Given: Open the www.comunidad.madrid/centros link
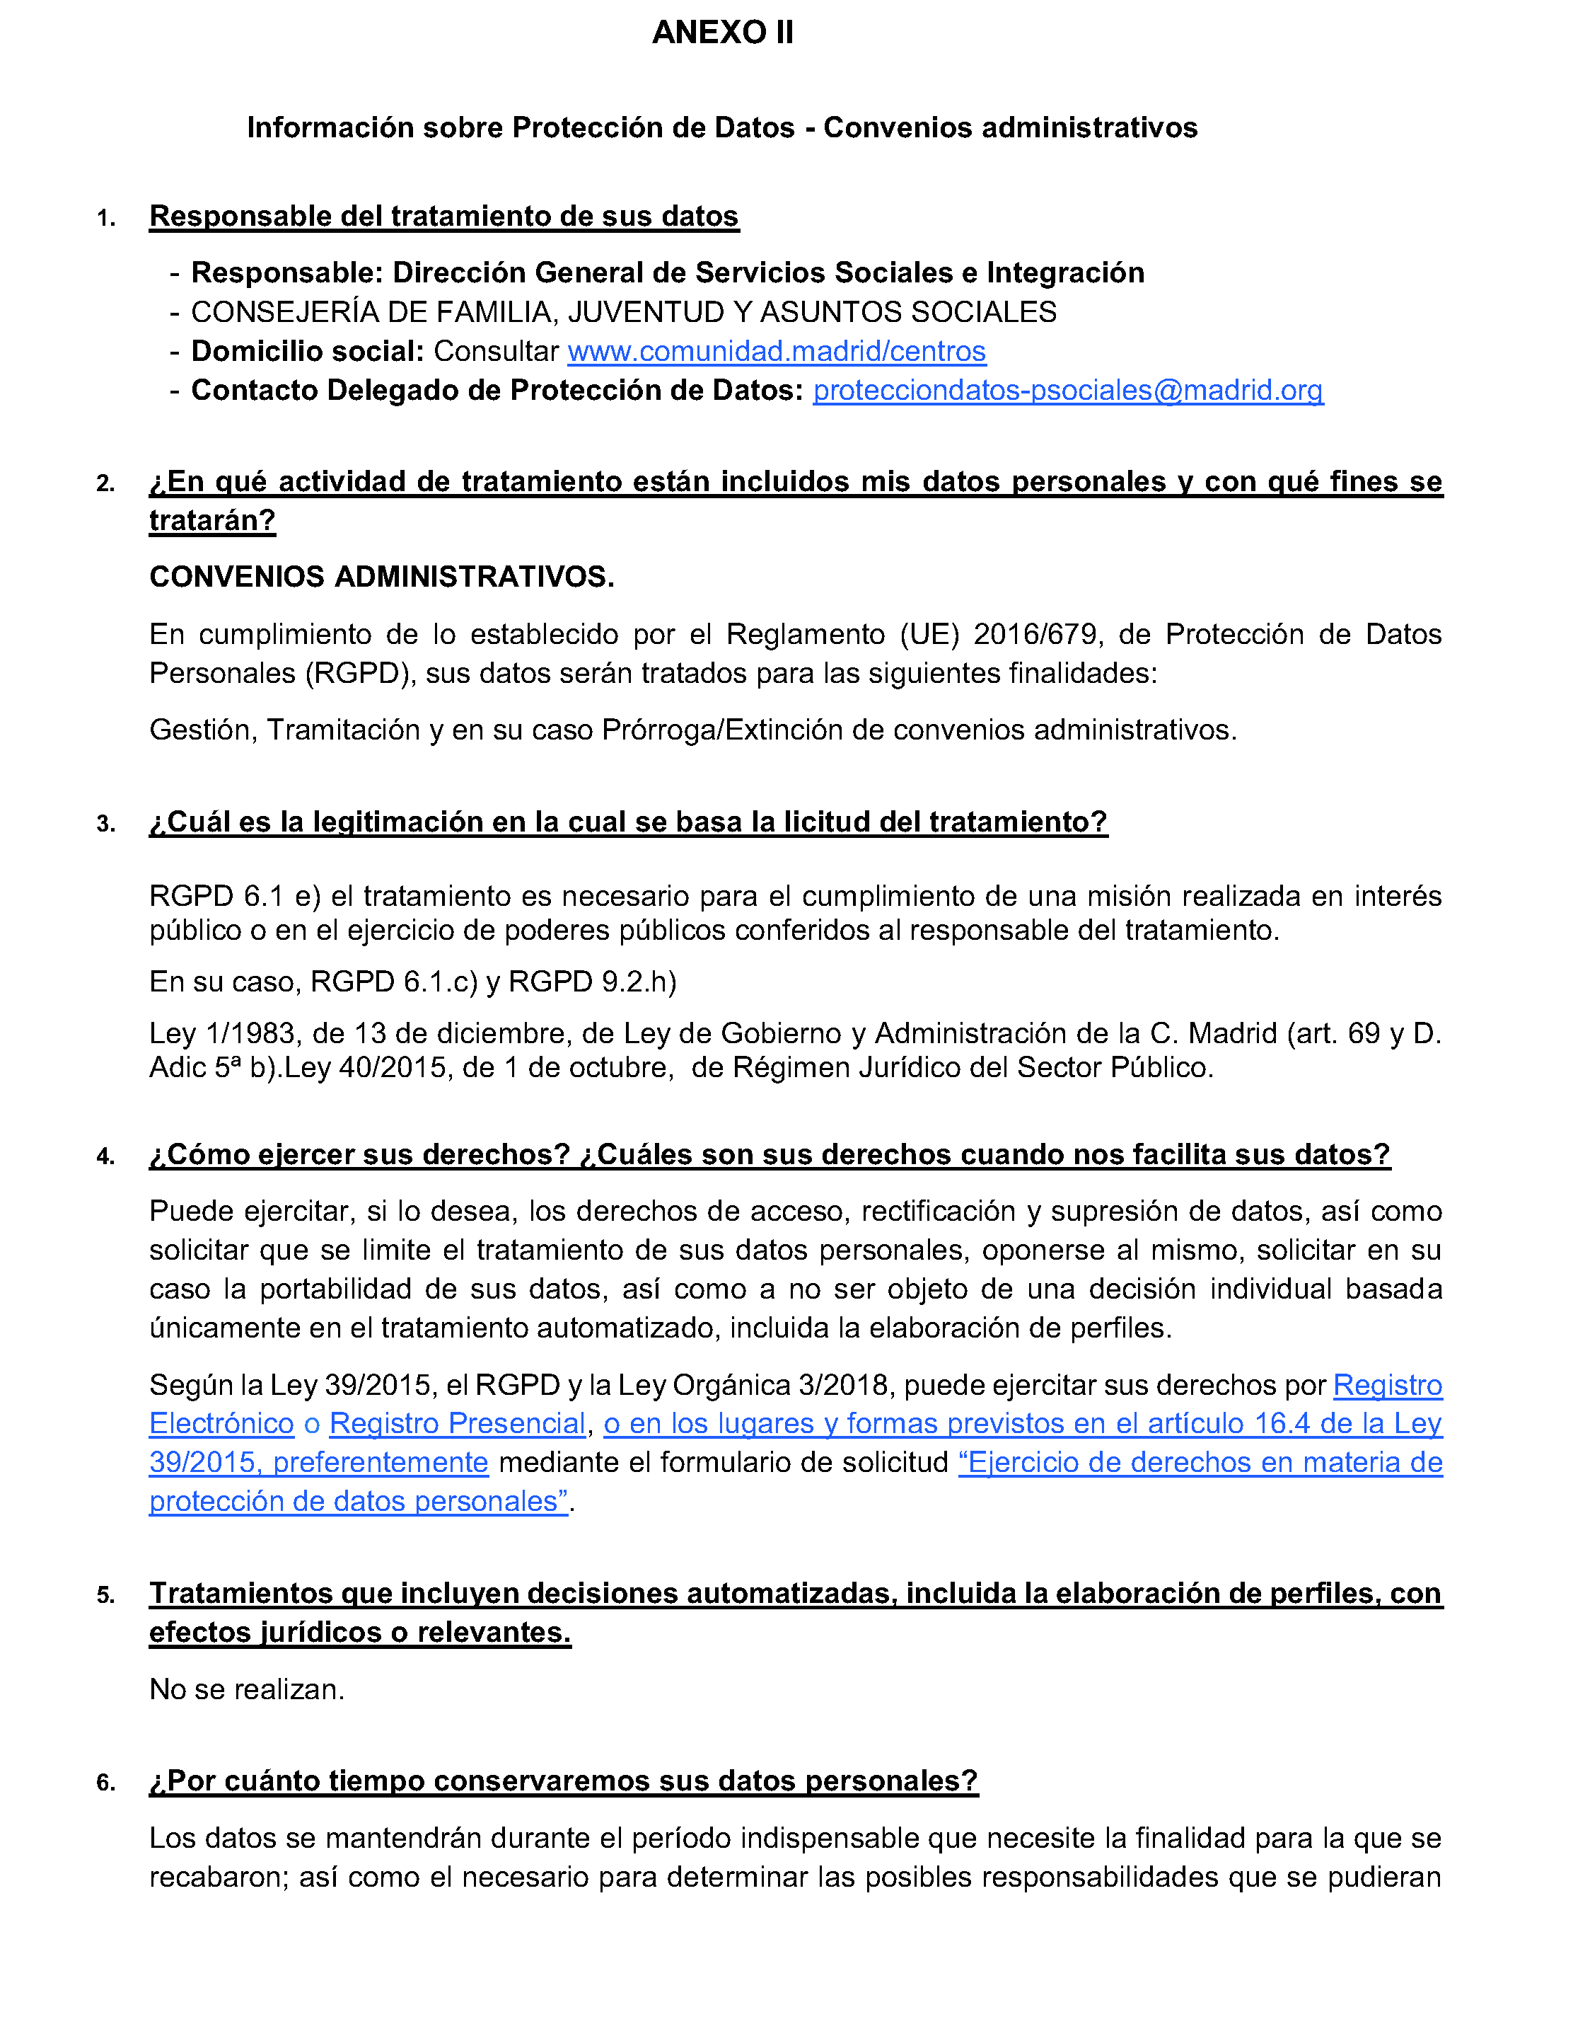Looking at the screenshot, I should click(776, 352).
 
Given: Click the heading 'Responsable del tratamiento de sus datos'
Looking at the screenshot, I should click(443, 217).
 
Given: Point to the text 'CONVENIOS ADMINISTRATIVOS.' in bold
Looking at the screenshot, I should click(381, 577).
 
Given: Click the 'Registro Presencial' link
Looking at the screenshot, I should click(457, 1423).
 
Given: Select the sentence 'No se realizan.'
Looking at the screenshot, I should click(247, 1689).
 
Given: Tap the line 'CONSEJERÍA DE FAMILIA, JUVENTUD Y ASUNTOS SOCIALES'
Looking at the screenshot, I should click(623, 312).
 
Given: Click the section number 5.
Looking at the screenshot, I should click(105, 1595).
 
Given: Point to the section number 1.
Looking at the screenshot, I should click(105, 219).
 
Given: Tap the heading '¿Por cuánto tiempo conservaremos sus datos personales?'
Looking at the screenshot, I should click(563, 1781).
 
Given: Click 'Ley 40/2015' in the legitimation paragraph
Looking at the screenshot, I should click(366, 1067).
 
